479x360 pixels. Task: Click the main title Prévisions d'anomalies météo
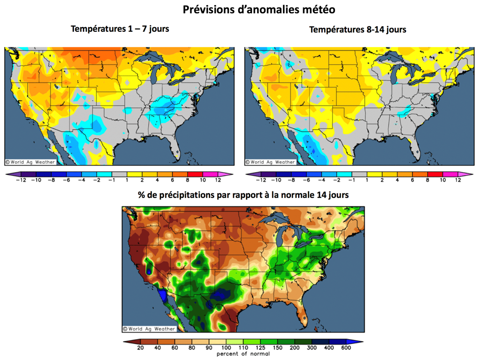pos(259,9)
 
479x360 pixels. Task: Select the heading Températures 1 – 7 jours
pos(120,29)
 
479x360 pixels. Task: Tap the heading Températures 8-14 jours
pos(358,29)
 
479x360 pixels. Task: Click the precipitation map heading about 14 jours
pos(243,195)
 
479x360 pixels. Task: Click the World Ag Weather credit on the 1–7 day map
pos(30,162)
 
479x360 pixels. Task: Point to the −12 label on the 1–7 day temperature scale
pos(20,180)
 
